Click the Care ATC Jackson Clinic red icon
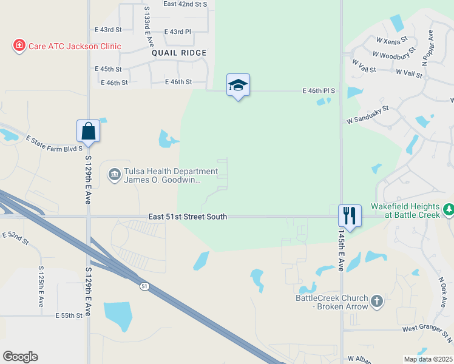(19, 45)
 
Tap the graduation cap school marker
(238, 86)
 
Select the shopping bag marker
(88, 131)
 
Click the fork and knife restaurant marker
(350, 215)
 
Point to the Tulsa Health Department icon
(114, 175)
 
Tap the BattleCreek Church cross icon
(377, 302)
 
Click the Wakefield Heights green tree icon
(449, 210)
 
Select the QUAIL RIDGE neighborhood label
(179, 53)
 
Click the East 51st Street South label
(188, 217)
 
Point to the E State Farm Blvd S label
(53, 143)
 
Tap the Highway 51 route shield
(143, 286)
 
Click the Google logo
(20, 357)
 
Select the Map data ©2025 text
(428, 359)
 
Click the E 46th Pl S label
(319, 91)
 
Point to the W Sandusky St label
(367, 113)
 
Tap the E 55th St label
(68, 315)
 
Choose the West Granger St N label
(427, 329)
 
